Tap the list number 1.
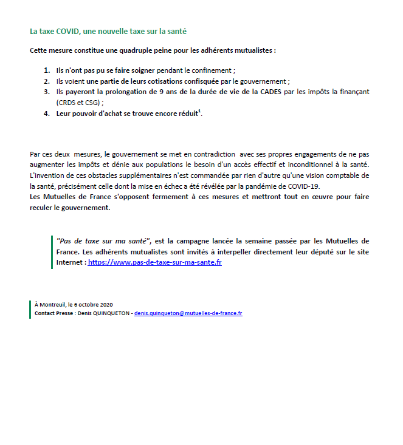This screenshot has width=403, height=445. point(46,70)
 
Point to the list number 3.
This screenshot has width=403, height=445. point(46,92)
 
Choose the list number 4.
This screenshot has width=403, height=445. point(46,114)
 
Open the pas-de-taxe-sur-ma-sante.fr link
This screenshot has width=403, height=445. point(155,263)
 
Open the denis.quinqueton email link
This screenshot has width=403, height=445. point(188,313)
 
